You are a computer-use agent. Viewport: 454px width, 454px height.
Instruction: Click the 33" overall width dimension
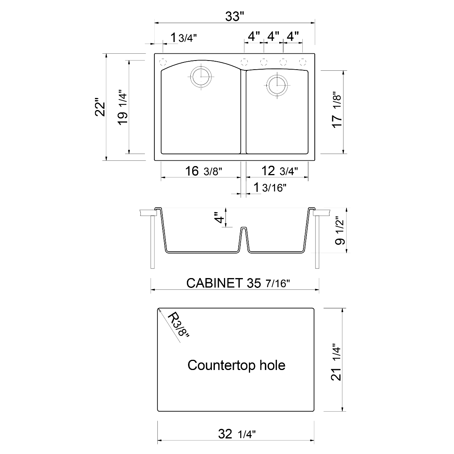coord(235,17)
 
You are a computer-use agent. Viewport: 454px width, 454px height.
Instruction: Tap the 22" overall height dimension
coord(100,107)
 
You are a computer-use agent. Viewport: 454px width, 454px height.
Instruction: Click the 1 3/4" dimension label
coord(184,38)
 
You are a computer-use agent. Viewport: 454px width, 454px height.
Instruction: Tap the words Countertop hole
coord(236,365)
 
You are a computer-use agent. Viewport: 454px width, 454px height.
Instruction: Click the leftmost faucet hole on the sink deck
coord(163,61)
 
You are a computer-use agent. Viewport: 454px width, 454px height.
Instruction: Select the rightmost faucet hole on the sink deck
coord(302,61)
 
